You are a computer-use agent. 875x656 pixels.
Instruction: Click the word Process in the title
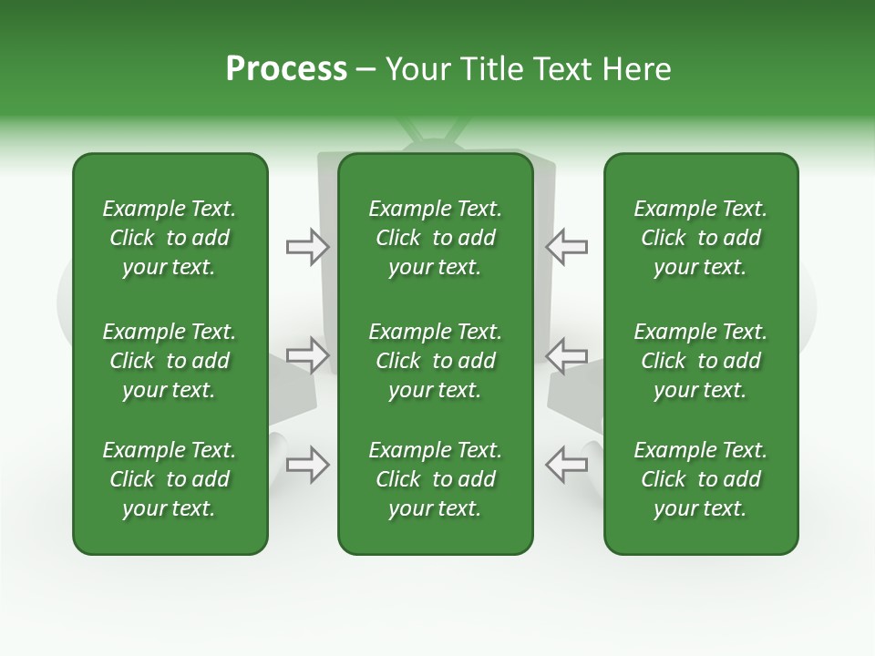[286, 69]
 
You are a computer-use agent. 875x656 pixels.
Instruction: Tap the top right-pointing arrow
[308, 247]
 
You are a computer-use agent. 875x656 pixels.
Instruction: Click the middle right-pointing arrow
[308, 355]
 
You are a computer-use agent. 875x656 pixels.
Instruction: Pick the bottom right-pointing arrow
[308, 465]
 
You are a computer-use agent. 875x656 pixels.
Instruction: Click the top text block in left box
[170, 238]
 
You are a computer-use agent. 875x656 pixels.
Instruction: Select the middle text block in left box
[170, 361]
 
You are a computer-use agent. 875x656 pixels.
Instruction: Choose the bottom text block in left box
[170, 479]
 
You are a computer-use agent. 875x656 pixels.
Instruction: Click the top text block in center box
[435, 238]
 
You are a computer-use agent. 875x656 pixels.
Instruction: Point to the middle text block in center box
[435, 361]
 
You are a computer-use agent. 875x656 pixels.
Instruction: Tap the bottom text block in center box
[435, 479]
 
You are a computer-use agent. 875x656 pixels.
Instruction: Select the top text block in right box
[700, 238]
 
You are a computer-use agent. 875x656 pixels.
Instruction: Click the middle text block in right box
[700, 361]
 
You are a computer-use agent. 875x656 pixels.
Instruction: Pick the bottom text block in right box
[700, 479]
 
